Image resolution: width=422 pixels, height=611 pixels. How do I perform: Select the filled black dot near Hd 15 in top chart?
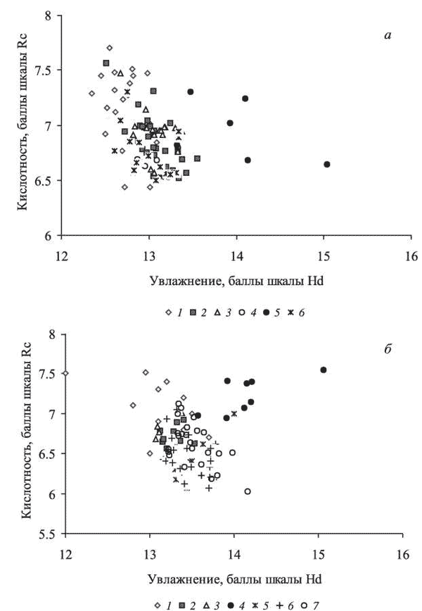tap(327, 164)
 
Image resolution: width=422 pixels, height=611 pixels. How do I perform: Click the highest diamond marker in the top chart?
tap(109, 48)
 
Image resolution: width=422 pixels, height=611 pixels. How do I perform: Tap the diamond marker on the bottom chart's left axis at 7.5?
tap(65, 374)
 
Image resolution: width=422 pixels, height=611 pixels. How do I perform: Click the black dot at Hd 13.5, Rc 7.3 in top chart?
tap(191, 92)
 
